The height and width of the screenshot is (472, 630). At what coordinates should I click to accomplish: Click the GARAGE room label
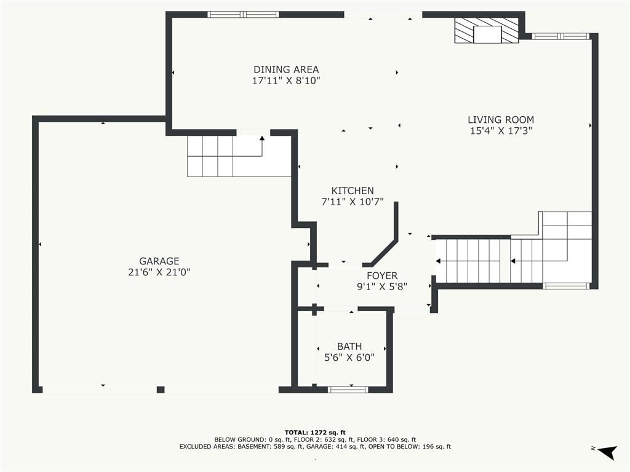[x=159, y=261]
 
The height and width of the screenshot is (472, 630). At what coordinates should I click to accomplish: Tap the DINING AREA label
[x=286, y=69]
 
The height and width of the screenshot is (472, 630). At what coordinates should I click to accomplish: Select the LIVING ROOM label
[x=501, y=120]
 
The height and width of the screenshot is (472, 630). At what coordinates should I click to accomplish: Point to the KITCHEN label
[x=353, y=191]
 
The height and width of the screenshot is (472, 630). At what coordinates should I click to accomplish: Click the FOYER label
[x=382, y=276]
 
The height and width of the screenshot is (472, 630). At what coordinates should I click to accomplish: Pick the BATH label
[x=349, y=347]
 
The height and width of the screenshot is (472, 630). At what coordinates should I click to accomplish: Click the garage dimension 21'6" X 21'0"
[x=159, y=272]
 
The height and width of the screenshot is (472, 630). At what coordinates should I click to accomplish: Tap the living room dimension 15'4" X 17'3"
[x=501, y=130]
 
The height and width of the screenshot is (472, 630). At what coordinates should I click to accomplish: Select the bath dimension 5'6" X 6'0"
[x=349, y=357]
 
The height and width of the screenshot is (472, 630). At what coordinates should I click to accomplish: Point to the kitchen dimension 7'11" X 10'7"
[x=353, y=202]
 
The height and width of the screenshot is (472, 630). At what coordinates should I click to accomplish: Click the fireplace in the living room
[x=487, y=31]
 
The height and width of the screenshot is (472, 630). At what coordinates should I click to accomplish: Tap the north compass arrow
[x=607, y=452]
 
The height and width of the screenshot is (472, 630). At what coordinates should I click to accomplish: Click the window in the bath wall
[x=348, y=389]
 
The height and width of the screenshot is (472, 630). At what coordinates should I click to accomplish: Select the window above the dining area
[x=243, y=15]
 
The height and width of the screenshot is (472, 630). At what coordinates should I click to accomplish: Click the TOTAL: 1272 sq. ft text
[x=315, y=432]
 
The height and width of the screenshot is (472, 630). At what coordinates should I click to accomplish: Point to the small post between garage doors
[x=161, y=389]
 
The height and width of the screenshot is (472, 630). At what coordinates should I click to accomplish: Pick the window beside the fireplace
[x=560, y=36]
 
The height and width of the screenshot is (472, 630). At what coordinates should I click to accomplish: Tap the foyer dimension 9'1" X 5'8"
[x=382, y=286]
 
